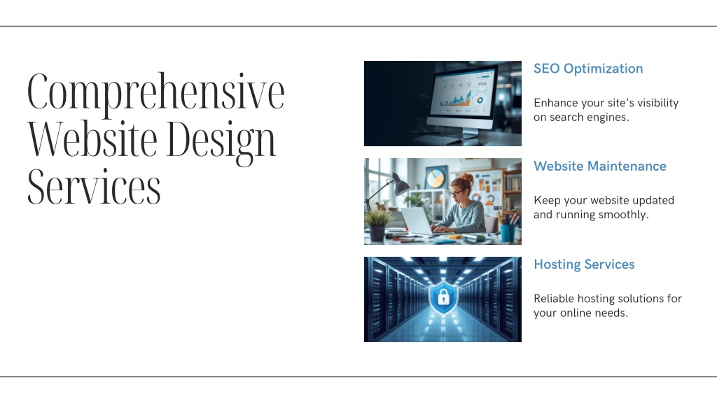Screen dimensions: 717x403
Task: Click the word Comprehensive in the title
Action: [x=156, y=93]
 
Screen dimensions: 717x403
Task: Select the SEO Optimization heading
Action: [x=588, y=69]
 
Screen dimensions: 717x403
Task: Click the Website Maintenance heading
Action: [x=600, y=166]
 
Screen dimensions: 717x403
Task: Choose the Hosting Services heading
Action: [x=584, y=264]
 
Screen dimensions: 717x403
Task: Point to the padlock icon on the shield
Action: [x=443, y=298]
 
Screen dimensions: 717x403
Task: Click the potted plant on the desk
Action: [x=377, y=225]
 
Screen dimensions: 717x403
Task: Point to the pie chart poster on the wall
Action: [x=436, y=178]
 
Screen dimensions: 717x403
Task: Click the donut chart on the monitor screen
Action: [x=480, y=100]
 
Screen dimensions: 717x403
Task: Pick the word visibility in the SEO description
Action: [x=658, y=103]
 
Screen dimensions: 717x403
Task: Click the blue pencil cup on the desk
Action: [x=507, y=233]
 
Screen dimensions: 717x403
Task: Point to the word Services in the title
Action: [x=95, y=187]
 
